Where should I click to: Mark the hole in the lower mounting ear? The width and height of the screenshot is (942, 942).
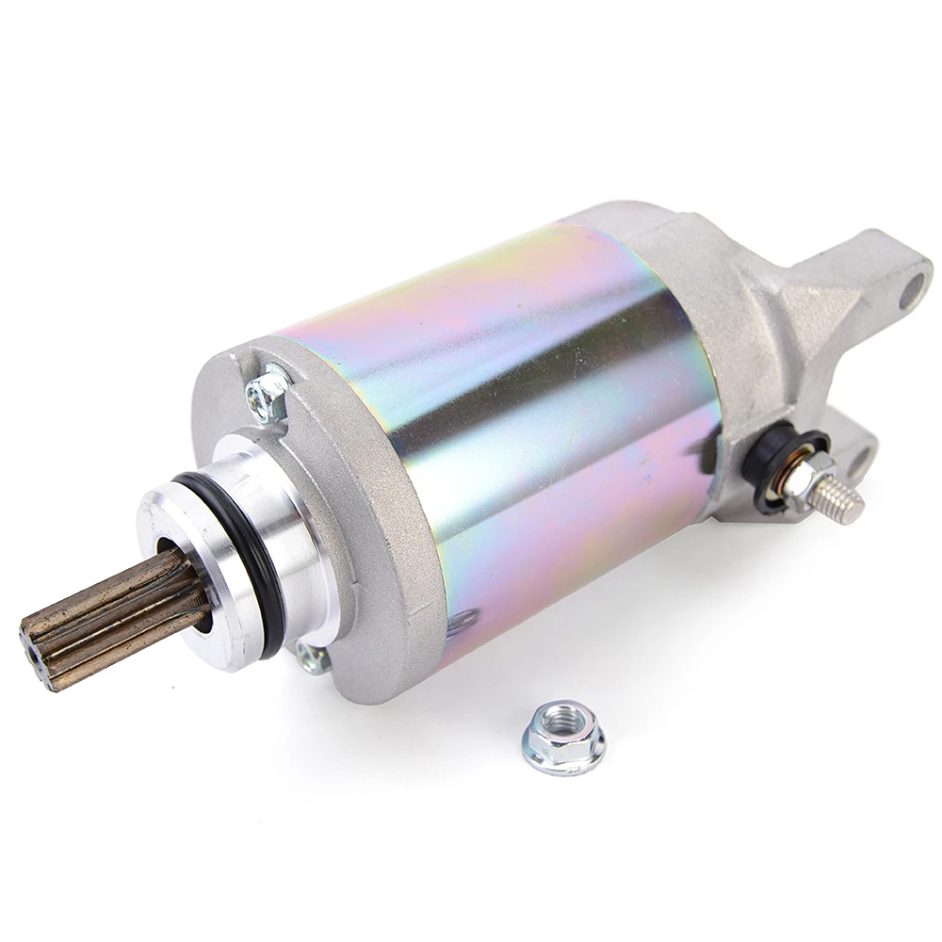pos(859,462)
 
